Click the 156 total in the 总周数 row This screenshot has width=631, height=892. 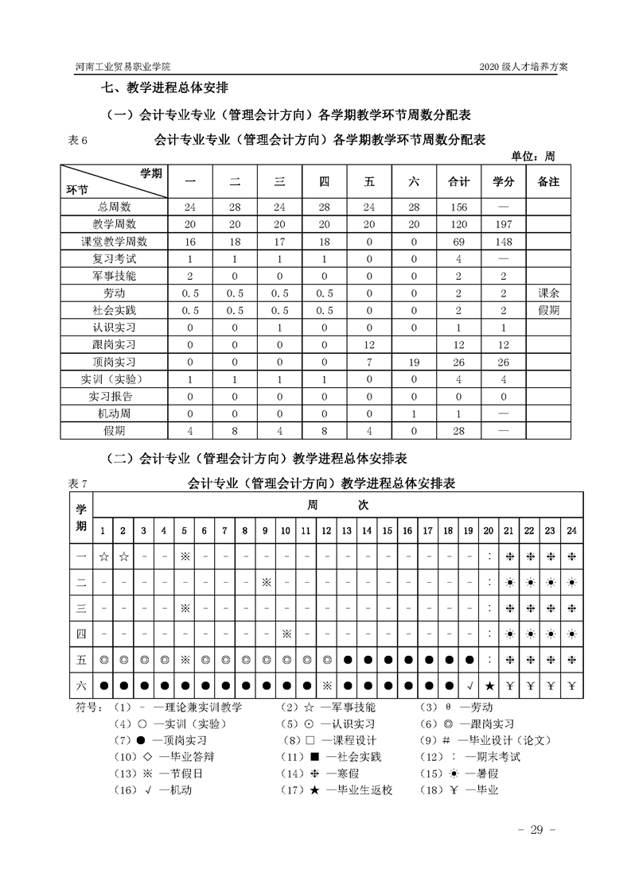coord(458,207)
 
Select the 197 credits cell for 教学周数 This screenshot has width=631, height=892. coord(503,225)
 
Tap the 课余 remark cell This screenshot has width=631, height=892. coord(549,293)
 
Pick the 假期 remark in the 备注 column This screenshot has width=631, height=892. coord(549,310)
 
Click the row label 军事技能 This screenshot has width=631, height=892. coord(114,276)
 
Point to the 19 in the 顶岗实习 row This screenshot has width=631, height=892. coord(413,362)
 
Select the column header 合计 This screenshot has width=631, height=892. coord(458,182)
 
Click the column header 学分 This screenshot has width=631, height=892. coord(503,182)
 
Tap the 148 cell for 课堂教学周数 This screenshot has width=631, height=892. coord(503,242)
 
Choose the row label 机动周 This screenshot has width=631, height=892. coord(114,413)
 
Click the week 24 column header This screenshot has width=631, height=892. coord(571,530)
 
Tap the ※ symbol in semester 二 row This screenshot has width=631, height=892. coord(267,582)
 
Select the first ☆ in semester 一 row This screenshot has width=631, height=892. coord(103,557)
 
